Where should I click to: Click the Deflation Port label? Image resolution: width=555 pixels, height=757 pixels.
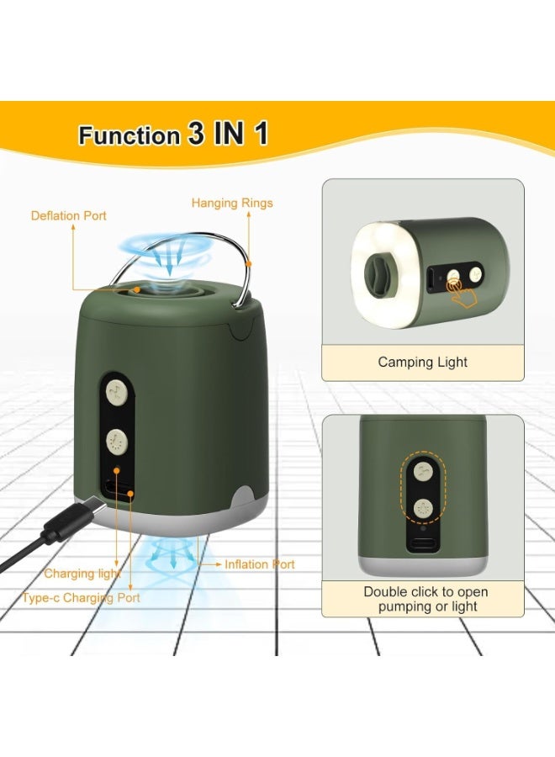pos(69,216)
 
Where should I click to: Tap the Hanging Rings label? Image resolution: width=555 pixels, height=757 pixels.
pos(232,203)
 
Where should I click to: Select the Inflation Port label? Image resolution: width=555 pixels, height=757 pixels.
pos(259,564)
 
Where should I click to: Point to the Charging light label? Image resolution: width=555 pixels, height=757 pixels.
pos(82,574)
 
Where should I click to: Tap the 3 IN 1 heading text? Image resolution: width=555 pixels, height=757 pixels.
pos(228,135)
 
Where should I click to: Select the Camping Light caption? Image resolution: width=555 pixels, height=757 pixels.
pos(422,363)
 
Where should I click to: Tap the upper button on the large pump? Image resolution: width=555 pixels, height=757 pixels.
pos(115,391)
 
